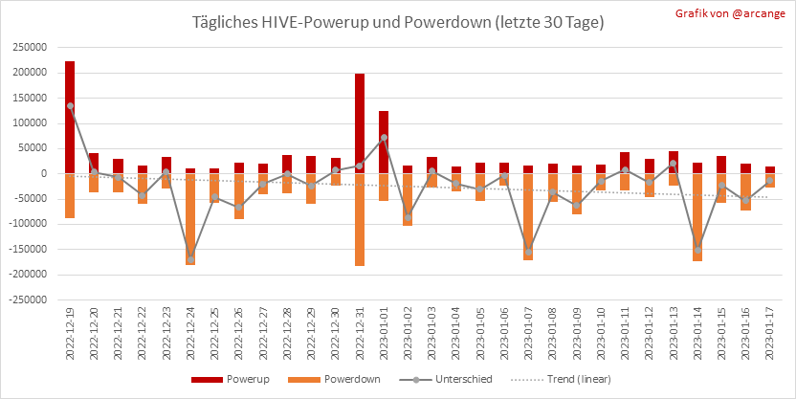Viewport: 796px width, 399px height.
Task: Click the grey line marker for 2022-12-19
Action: click(x=70, y=105)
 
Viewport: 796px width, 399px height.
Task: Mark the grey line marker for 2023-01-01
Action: click(x=384, y=138)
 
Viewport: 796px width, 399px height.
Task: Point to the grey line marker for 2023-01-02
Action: click(x=408, y=217)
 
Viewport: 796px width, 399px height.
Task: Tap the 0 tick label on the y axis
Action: click(x=44, y=173)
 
